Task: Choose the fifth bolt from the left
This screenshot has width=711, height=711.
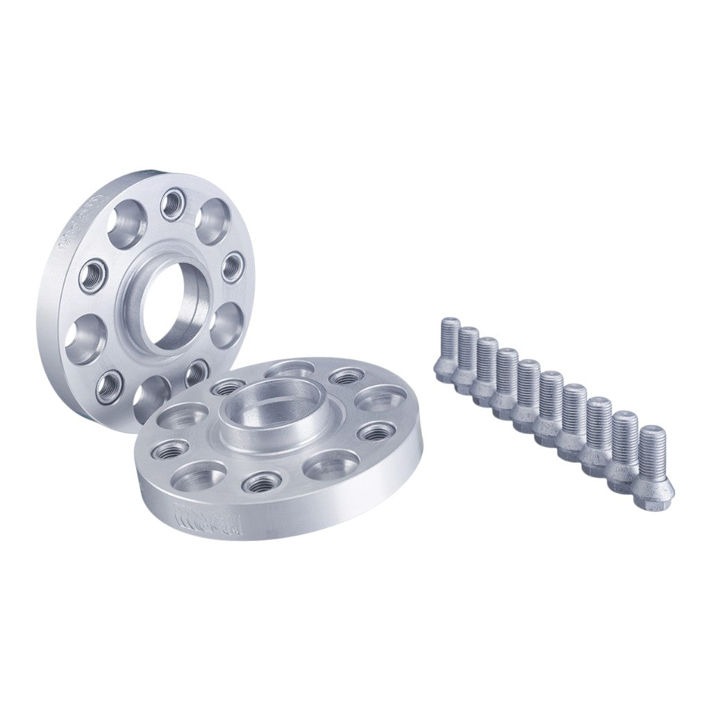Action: coord(529,393)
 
